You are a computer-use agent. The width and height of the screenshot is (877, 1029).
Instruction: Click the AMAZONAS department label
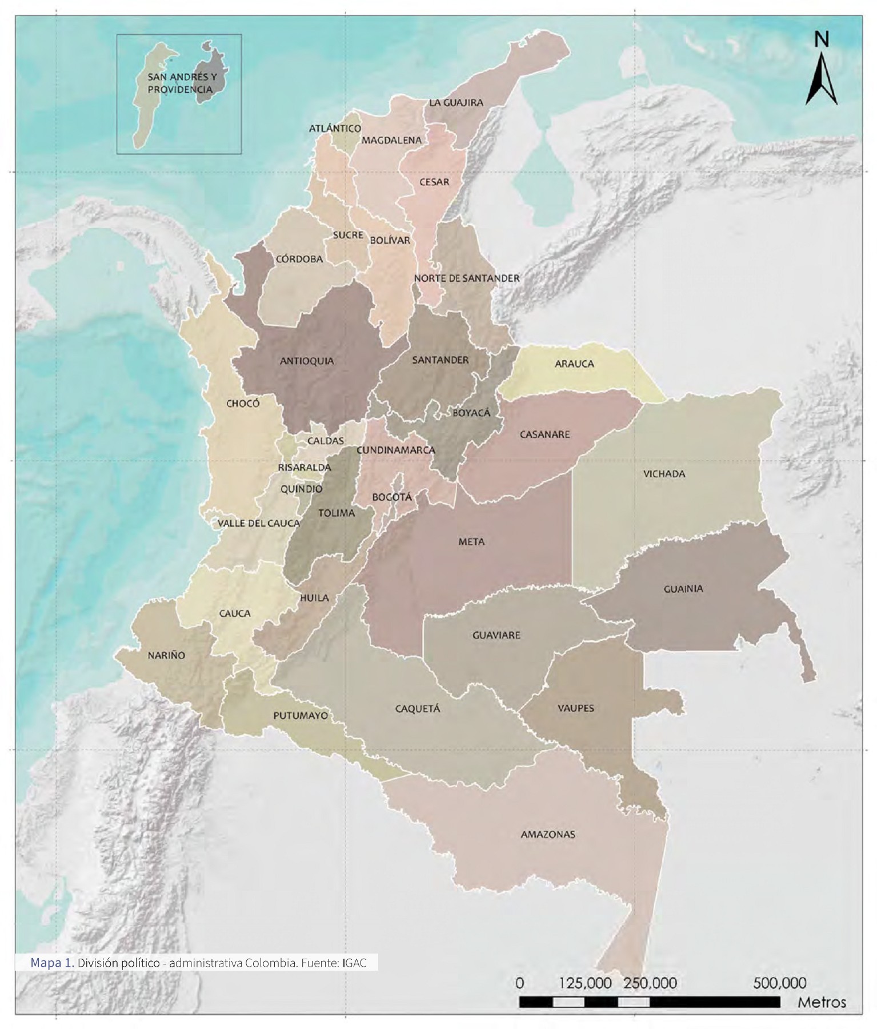coord(547,835)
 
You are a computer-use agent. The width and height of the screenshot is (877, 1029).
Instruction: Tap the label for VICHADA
coord(664,474)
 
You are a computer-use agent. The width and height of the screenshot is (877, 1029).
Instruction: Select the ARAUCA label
coord(574,364)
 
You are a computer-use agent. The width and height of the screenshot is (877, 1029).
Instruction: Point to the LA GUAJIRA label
coord(456,103)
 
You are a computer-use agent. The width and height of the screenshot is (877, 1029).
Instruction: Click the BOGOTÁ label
coord(392,497)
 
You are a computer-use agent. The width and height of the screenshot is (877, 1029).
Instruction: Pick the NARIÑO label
coord(166,656)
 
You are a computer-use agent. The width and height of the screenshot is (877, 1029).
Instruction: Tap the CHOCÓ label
coord(243,404)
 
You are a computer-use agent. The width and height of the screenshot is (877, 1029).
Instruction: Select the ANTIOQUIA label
coord(307,361)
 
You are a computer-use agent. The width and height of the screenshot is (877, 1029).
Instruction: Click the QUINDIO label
coord(301,489)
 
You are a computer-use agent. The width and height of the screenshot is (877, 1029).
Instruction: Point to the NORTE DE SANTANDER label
coord(467,278)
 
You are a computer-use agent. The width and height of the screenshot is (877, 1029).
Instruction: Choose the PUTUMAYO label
coord(301,716)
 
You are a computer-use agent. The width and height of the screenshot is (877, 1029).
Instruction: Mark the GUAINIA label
coord(683,589)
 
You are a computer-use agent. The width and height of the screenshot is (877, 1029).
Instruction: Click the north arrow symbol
coord(821,80)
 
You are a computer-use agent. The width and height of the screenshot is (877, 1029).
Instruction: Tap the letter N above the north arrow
coord(821,39)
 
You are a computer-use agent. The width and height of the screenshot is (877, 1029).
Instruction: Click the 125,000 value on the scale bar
coord(585,983)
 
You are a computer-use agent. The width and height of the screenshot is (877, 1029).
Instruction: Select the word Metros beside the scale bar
coord(822,1002)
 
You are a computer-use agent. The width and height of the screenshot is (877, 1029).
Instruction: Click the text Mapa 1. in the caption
coord(52,963)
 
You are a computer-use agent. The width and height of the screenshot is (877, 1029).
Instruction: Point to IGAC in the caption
coord(355,963)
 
